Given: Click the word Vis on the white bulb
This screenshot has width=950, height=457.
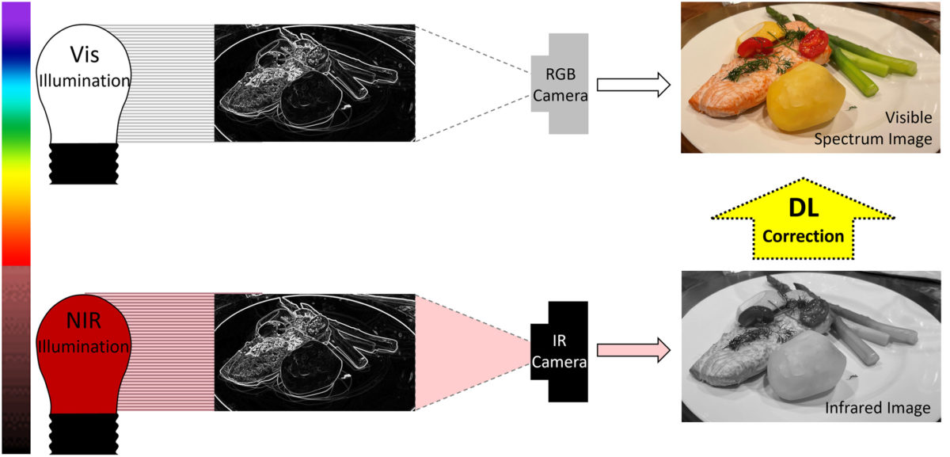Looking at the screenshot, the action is coord(85,55).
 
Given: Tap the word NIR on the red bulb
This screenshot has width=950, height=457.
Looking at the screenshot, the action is coord(84,320).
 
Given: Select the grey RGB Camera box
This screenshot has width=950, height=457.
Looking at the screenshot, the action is coord(560,84).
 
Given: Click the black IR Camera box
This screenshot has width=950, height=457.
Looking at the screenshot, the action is coord(560,352).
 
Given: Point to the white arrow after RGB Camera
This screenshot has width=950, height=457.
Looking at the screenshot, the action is coord(633,85).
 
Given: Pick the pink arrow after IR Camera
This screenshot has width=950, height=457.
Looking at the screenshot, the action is coord(633,351).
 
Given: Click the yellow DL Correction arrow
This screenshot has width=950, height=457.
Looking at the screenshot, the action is coord(803,219).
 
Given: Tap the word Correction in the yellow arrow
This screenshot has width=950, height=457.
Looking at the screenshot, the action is coord(803,236).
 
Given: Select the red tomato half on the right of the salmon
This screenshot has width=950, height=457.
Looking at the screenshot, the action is coord(814,44).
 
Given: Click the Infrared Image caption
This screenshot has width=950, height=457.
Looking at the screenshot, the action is coord(877,408).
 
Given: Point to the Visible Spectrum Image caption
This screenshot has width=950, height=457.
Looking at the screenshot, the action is coord(873,128).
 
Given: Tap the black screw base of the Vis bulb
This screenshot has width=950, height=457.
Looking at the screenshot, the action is coord(84,163).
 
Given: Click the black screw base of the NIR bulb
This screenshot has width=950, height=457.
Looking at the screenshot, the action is coord(84,434).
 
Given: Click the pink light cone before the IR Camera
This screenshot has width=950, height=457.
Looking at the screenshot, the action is coord(473,352).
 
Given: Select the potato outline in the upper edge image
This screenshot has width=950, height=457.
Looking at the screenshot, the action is coord(312,98).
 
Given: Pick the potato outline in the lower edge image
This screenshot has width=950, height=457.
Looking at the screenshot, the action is coord(312,368).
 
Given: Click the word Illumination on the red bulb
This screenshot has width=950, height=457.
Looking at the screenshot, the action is coord(84,347).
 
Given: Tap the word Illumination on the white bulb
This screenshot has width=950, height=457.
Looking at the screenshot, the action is coord(85,81).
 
